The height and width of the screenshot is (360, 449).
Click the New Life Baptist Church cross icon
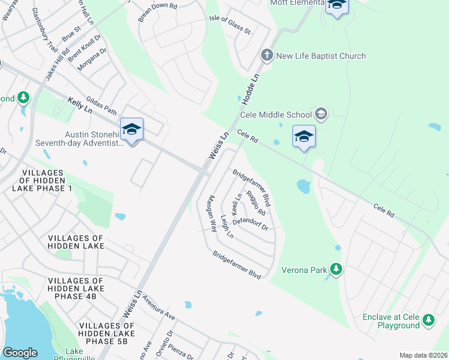click(x=267, y=56)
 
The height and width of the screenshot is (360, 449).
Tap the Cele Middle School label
click(x=276, y=115)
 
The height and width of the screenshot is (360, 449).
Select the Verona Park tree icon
click(x=336, y=269)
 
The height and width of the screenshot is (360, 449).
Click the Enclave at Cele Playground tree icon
click(x=429, y=320)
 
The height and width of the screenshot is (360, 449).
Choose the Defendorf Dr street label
click(x=250, y=224)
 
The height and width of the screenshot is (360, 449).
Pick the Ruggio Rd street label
click(x=256, y=203)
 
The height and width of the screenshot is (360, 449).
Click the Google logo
click(x=20, y=353)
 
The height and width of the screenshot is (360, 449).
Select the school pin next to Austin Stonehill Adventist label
click(x=132, y=130)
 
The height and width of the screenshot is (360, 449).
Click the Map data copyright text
click(x=423, y=355)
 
